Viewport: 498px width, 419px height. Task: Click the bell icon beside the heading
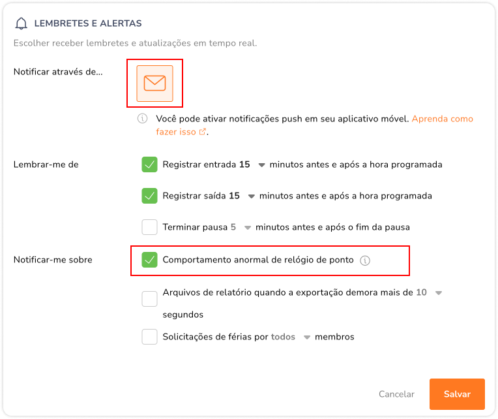point(22,23)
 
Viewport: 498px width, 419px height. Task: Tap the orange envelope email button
point(154,84)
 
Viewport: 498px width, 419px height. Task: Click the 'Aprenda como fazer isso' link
point(314,125)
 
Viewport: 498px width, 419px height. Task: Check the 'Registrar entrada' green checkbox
point(149,164)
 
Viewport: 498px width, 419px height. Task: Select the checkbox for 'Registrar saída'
point(149,196)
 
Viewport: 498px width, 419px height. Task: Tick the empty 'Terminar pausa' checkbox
point(149,227)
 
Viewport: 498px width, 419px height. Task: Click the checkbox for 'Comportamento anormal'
point(149,260)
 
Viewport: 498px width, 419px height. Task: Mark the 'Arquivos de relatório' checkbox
point(149,299)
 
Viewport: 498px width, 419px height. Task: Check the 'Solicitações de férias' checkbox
point(149,337)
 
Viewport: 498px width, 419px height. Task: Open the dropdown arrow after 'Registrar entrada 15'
point(261,165)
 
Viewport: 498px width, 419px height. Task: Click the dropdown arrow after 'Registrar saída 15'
point(251,196)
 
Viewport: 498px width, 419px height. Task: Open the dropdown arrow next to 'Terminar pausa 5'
point(248,228)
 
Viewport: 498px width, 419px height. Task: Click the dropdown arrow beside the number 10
point(439,293)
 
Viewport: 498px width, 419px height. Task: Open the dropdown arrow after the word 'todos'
point(307,337)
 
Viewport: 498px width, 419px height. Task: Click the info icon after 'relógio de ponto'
point(365,260)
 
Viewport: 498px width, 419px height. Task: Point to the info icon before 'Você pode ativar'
point(142,119)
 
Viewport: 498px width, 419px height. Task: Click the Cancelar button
point(396,394)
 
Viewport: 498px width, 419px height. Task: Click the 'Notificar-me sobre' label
point(53,260)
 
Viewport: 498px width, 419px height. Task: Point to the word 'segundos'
point(183,315)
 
